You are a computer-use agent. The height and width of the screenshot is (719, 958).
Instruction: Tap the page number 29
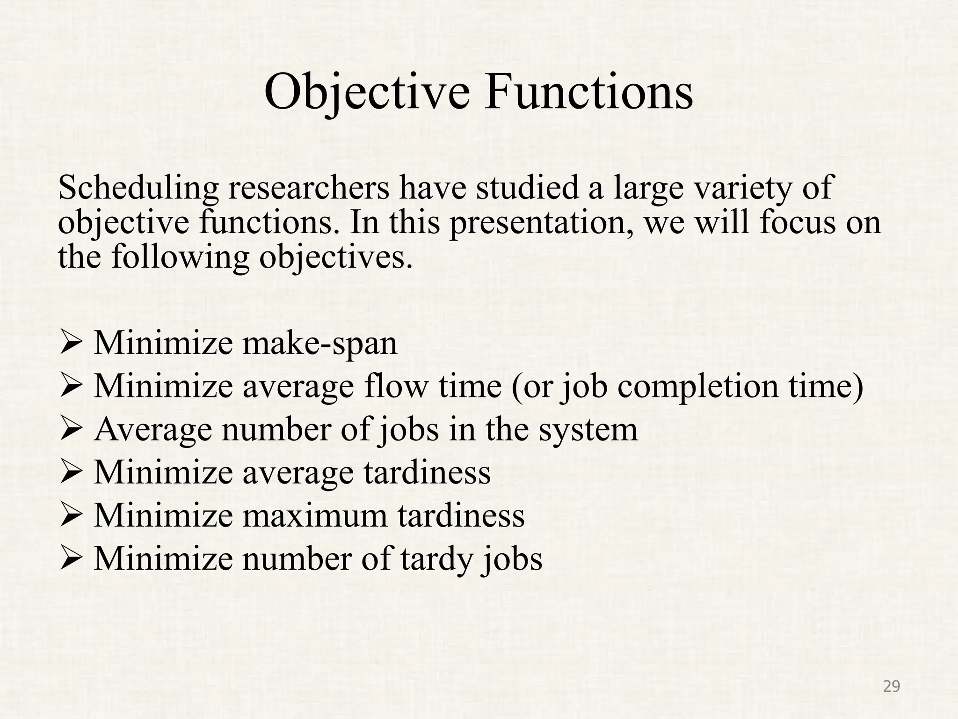(891, 687)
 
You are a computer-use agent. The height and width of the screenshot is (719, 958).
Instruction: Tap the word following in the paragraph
(180, 258)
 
